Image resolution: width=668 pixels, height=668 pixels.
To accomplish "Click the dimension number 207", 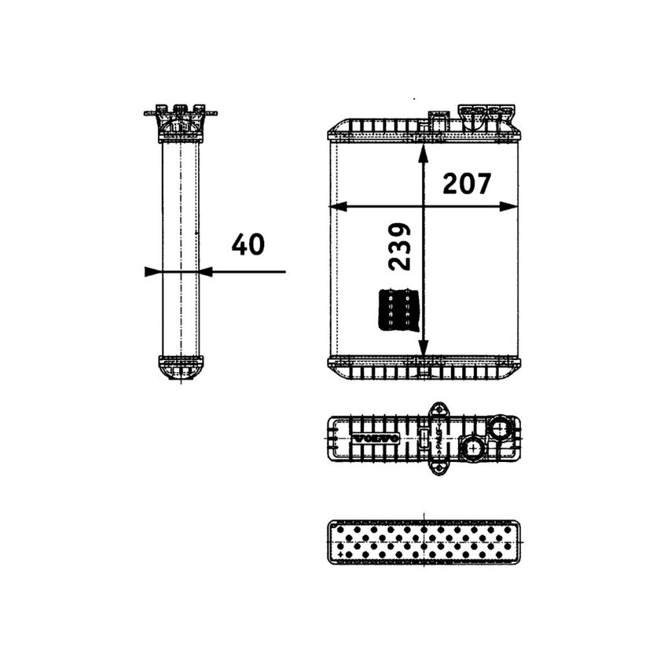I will (467, 184).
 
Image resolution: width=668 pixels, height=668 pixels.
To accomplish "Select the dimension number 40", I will (248, 244).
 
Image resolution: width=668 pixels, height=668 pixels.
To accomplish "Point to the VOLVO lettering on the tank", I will (375, 438).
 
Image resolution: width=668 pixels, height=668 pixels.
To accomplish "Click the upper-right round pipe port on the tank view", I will (499, 428).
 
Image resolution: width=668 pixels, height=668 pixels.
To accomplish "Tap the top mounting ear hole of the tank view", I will (437, 409).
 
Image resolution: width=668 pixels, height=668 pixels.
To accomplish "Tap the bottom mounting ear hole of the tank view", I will (437, 469).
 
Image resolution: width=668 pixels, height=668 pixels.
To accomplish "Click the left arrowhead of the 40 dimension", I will (152, 272).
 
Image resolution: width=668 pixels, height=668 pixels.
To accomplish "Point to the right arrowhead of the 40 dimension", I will (206, 272).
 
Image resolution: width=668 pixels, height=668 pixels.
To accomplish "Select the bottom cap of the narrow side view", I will (181, 367).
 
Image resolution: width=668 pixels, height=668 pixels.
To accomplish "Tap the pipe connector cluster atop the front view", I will (487, 116).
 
